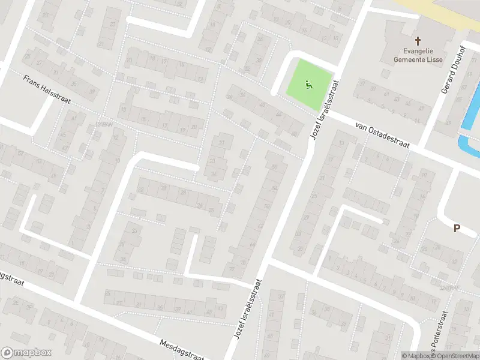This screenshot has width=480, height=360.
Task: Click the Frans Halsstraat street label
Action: point(47,89)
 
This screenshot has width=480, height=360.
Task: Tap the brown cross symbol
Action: point(415,39)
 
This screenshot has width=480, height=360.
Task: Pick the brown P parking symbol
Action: point(457,228)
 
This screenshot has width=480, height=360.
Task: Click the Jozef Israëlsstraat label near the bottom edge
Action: point(246,314)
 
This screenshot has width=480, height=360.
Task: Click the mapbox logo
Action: point(26,353)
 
